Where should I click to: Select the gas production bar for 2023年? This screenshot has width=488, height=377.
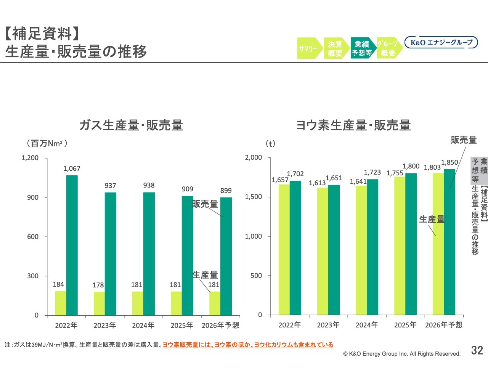(x=99, y=303)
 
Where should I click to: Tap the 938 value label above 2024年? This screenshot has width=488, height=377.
(x=149, y=185)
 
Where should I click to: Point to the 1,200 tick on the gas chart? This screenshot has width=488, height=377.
(x=30, y=158)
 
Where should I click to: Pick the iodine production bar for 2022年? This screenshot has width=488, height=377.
(x=284, y=250)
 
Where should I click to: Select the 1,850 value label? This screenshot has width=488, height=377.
(x=449, y=162)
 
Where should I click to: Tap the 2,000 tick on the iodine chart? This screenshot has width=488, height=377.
(x=254, y=157)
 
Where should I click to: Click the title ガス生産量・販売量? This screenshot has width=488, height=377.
(x=131, y=125)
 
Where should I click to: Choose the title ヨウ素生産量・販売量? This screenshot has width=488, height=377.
(x=353, y=125)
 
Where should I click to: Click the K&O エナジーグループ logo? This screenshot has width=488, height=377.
(x=441, y=42)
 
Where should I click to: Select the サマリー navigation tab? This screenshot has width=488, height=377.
(x=308, y=48)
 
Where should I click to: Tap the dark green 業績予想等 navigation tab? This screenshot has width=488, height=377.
(x=362, y=48)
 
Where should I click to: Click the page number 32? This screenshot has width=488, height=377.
(x=477, y=350)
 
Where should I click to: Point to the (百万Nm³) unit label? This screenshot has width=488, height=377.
(x=47, y=143)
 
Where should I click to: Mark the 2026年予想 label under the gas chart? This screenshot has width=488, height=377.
(x=220, y=325)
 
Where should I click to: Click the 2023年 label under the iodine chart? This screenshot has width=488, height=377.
(x=328, y=325)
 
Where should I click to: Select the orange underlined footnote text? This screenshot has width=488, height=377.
(x=248, y=345)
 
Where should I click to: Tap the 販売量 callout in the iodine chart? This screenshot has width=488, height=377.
(x=464, y=140)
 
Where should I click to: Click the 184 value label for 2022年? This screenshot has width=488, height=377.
(x=58, y=284)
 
